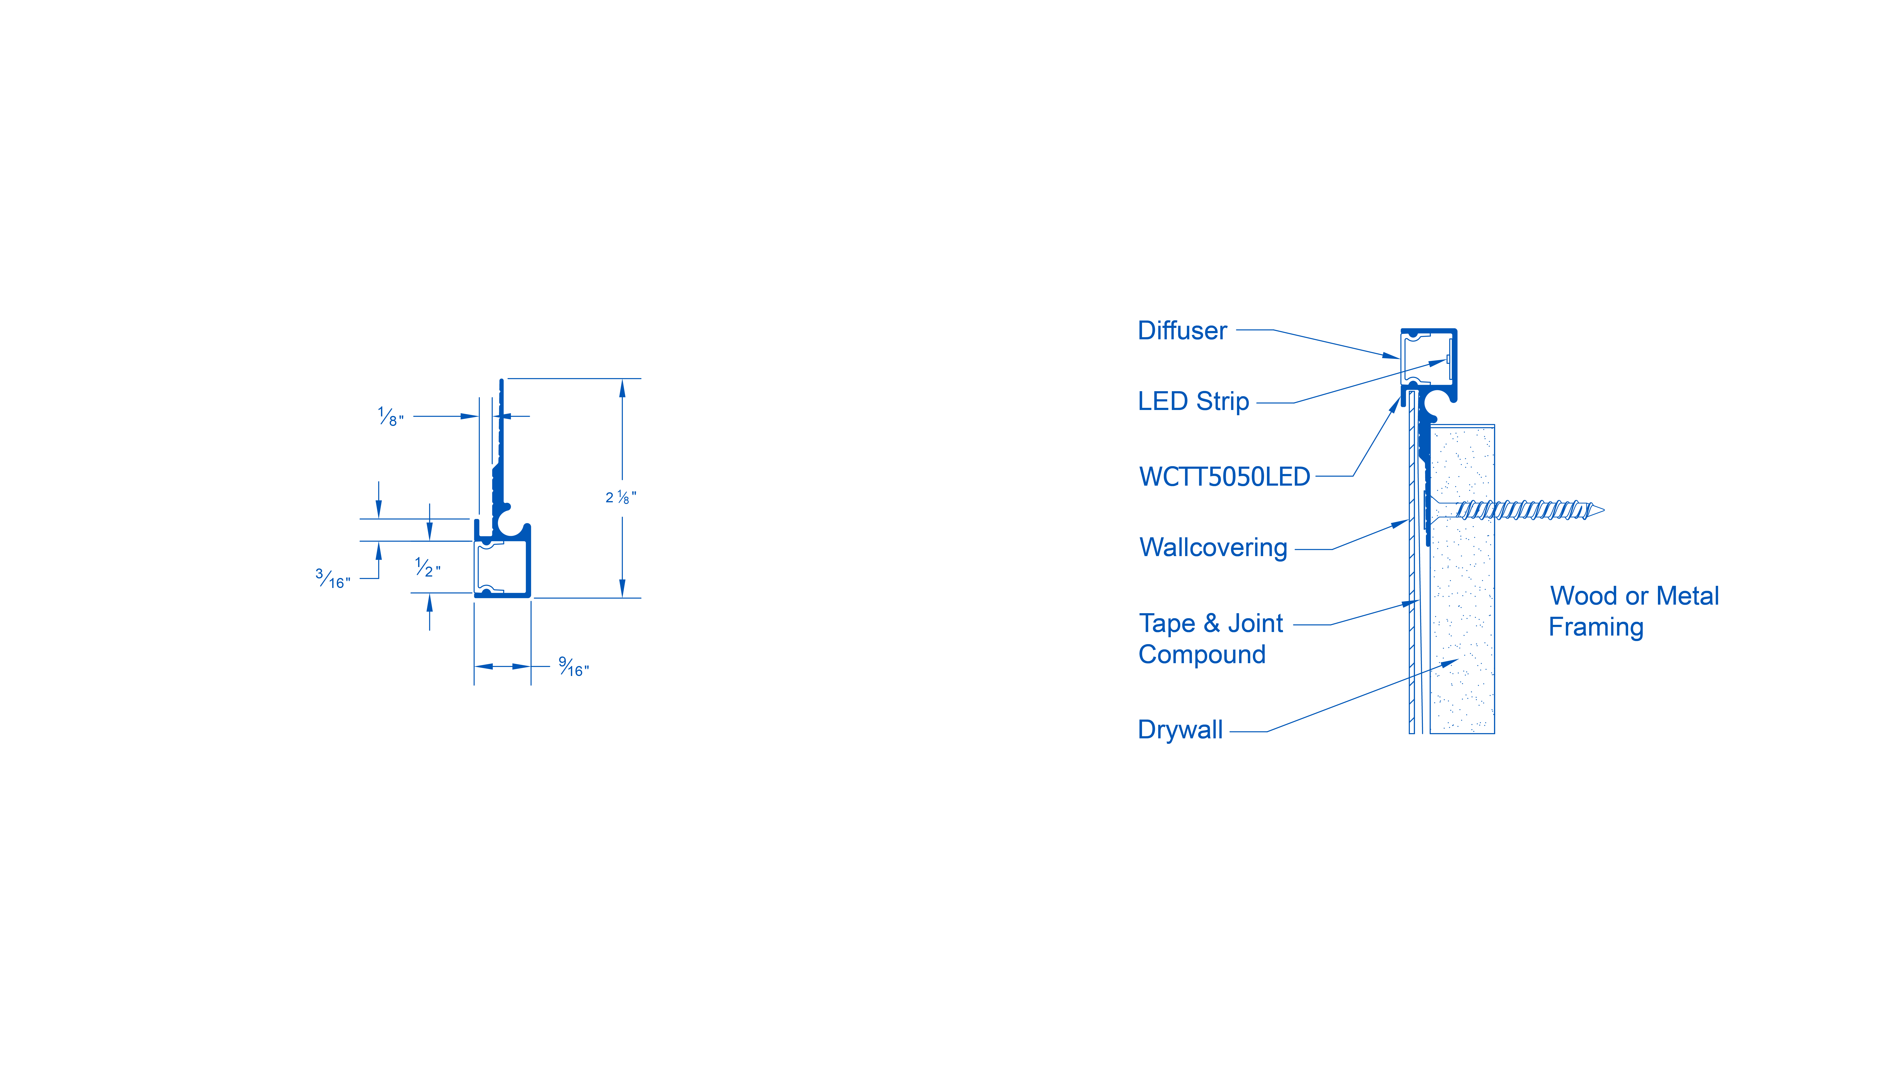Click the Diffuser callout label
point(1182,331)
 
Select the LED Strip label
point(1193,401)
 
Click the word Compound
point(1202,655)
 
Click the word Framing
point(1596,627)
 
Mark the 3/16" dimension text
point(333,579)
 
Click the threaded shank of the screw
point(1523,510)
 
